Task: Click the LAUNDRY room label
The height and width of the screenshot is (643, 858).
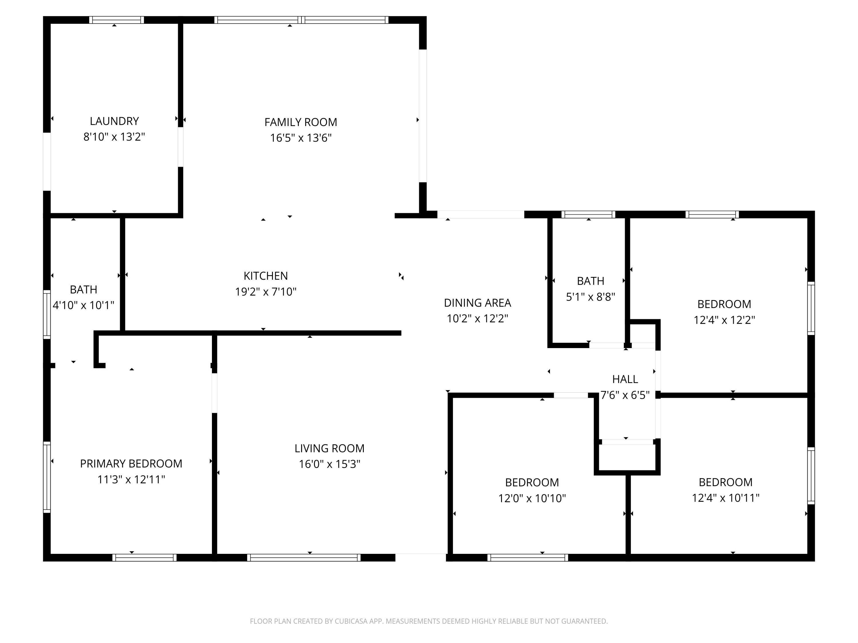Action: [114, 121]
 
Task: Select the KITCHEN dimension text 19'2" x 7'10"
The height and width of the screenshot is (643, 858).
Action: [266, 291]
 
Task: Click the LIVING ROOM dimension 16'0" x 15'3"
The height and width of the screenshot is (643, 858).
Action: [329, 464]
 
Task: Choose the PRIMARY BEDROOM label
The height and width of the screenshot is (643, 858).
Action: [131, 464]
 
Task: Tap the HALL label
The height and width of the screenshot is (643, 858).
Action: [625, 379]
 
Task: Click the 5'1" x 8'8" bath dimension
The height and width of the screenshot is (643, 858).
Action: [590, 297]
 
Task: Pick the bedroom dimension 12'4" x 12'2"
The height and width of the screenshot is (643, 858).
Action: [724, 320]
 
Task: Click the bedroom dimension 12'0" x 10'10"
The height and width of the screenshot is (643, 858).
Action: [532, 498]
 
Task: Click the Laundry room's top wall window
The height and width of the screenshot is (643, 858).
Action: [116, 20]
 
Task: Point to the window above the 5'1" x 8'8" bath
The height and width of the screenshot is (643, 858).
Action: [588, 214]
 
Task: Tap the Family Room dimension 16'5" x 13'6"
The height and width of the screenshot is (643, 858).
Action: [301, 138]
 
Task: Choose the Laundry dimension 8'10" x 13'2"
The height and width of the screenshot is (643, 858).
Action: [114, 137]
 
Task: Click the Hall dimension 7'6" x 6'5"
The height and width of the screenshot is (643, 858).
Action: [625, 395]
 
